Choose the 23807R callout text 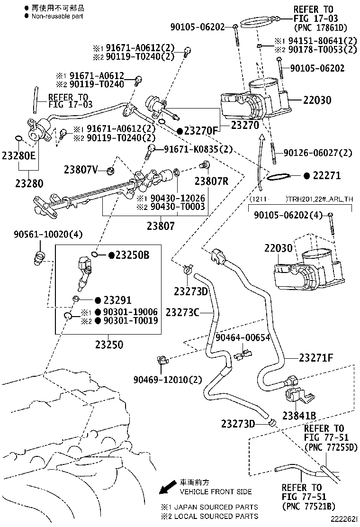coord(211,181)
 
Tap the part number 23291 coord(117,300)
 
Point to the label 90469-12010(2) coord(168,379)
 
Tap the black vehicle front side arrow coord(166,488)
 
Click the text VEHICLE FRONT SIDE coord(216,492)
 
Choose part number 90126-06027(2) coord(318,153)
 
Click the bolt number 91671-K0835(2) coord(198,149)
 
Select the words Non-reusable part coord(57,16)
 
